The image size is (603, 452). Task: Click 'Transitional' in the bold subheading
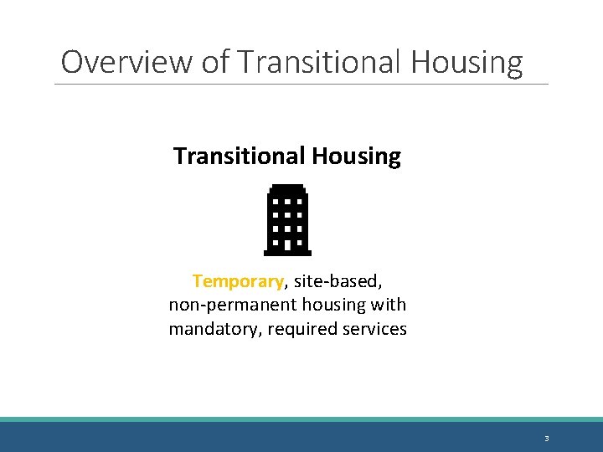coord(239,157)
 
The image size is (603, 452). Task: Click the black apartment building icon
coord(287,219)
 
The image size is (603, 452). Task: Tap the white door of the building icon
coord(287,245)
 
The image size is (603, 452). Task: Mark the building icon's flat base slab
coord(287,252)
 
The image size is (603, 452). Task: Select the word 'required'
coord(301,329)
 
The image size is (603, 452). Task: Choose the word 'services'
coord(374,329)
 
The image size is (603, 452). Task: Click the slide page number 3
coord(546,439)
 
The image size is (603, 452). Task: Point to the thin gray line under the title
coord(301,84)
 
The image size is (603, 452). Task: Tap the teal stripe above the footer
coord(301,419)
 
